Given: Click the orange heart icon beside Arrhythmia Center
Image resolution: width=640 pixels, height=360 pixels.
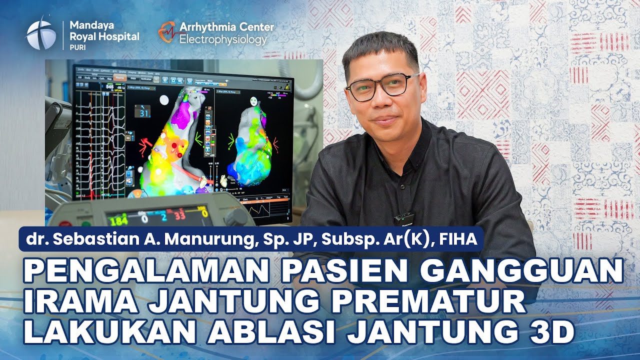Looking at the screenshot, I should click(x=167, y=31).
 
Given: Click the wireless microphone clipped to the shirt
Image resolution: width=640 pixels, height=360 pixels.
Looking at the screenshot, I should click(x=403, y=218).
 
